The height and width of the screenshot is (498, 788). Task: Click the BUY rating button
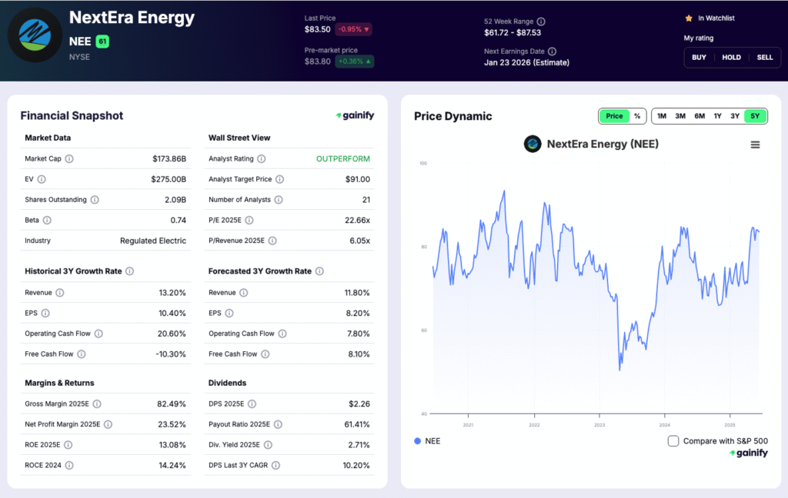699,58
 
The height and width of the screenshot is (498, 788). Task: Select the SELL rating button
764,58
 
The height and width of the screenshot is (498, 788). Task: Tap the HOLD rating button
731,58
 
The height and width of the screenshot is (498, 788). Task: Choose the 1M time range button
662,116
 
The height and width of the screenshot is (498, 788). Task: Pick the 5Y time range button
755,116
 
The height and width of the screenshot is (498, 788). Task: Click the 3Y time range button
735,116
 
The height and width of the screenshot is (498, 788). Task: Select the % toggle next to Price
637,116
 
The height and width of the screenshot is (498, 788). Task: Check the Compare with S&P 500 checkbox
673,441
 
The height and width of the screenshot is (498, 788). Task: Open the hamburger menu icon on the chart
755,144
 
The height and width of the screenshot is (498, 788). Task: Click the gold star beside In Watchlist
689,18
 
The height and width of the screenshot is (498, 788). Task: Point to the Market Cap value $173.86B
169,159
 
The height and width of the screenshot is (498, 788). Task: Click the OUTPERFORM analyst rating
342,159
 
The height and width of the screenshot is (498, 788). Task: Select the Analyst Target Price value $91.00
357,179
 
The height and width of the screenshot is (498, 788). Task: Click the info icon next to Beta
48,221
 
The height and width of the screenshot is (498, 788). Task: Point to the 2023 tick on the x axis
599,425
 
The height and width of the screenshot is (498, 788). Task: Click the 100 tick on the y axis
422,164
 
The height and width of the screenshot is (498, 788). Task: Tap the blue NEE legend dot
417,441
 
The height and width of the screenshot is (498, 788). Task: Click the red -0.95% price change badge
352,29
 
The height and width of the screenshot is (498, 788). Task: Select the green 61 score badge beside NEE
102,41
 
